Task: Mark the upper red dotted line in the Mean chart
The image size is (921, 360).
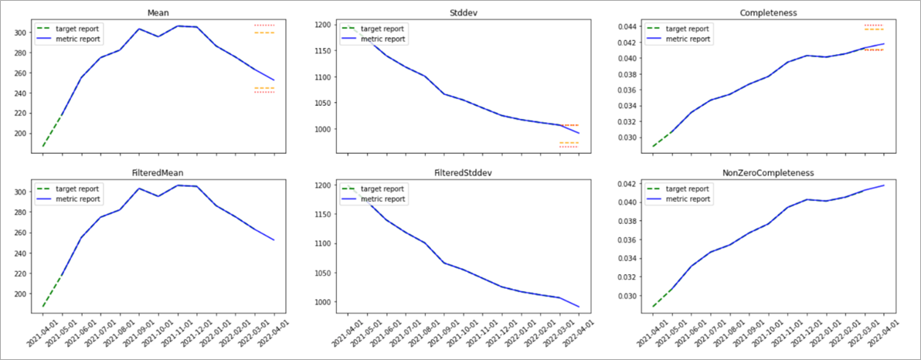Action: (264, 25)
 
